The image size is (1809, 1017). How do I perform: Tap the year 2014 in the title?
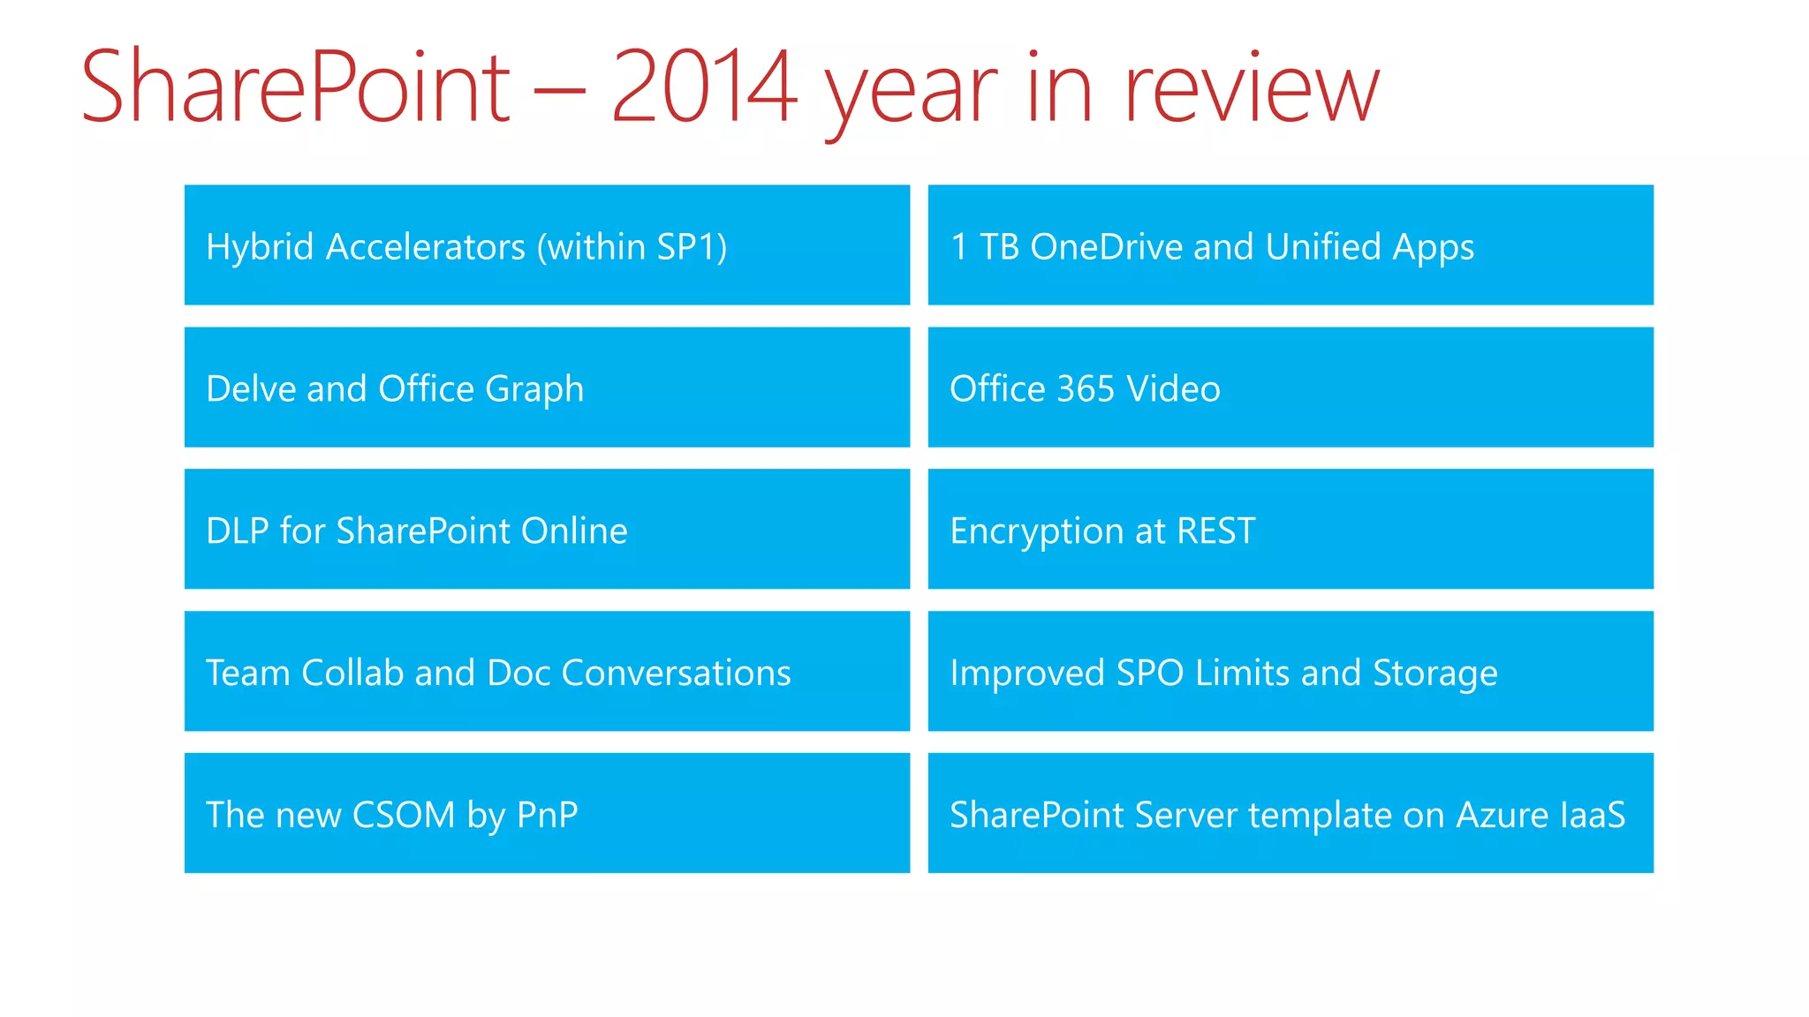[x=704, y=87]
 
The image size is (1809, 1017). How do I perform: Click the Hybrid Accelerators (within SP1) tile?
[x=547, y=245]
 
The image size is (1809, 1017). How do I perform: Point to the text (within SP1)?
[x=632, y=247]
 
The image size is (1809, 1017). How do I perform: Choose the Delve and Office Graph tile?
[x=547, y=388]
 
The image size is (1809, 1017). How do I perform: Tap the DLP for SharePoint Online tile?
[x=547, y=530]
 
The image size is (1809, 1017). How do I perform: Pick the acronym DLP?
[x=237, y=531]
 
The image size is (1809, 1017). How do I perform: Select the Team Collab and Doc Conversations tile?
[x=547, y=671]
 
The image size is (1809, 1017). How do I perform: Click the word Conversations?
[x=676, y=673]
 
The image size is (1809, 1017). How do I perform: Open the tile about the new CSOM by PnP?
[x=547, y=813]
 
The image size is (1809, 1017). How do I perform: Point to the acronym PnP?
[x=547, y=814]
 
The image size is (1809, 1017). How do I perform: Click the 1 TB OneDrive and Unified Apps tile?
[x=1291, y=245]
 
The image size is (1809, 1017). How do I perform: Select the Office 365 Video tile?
[x=1291, y=388]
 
